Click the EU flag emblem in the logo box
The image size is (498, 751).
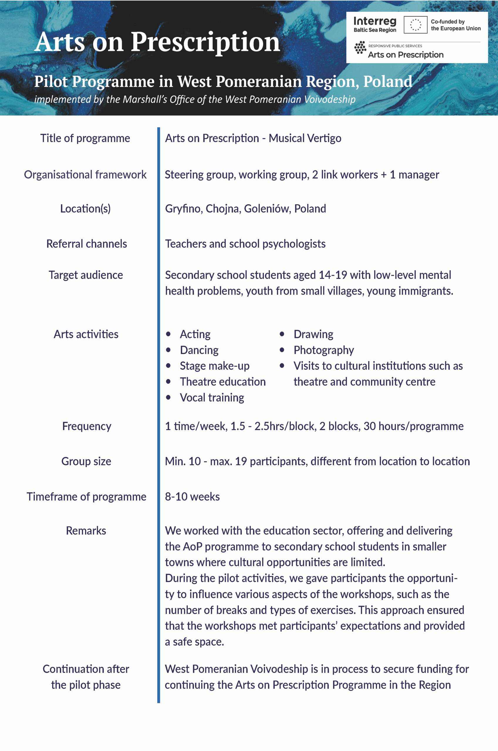coord(415,25)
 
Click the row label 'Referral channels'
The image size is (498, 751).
coord(86,244)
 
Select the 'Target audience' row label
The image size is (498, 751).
coord(86,275)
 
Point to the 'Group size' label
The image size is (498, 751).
coord(86,461)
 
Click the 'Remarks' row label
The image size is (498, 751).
coord(86,531)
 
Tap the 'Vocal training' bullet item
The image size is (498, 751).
coord(212,398)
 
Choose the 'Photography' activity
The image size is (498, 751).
coord(323,350)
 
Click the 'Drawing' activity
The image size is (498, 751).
coord(313,334)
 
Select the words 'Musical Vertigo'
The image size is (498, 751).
coord(305,138)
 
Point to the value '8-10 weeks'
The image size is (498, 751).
coord(192,497)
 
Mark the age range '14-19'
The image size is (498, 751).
coord(332,275)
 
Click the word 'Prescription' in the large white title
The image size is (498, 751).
coord(205,42)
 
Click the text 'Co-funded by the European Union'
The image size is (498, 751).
coord(455,25)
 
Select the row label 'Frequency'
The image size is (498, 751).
coord(86,426)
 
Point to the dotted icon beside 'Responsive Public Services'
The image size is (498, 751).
coord(360,48)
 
